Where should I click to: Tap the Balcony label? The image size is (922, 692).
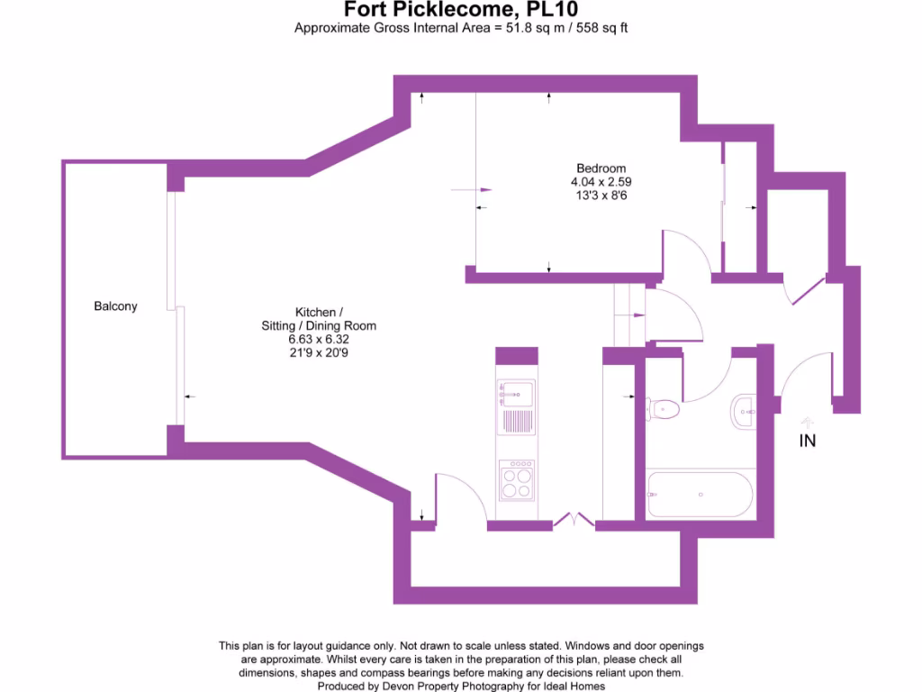tap(115, 306)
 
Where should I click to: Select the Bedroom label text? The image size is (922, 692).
tap(601, 168)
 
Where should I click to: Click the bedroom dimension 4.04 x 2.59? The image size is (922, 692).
tap(601, 181)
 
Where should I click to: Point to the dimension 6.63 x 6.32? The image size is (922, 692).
tap(319, 339)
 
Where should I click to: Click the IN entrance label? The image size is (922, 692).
tap(808, 442)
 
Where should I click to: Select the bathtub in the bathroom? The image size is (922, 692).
tap(700, 495)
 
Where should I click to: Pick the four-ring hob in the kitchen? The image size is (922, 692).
tap(517, 479)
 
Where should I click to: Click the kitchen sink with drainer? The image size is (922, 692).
tap(517, 407)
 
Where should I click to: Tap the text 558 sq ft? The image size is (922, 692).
tap(607, 28)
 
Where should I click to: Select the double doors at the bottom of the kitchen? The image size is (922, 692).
tap(574, 520)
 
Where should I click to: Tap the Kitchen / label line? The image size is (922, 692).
tap(319, 313)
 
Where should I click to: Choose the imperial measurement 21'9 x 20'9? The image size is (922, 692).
tap(319, 352)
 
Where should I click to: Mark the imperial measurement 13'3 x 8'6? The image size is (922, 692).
tap(601, 195)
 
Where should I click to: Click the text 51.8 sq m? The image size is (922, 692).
tap(529, 28)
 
